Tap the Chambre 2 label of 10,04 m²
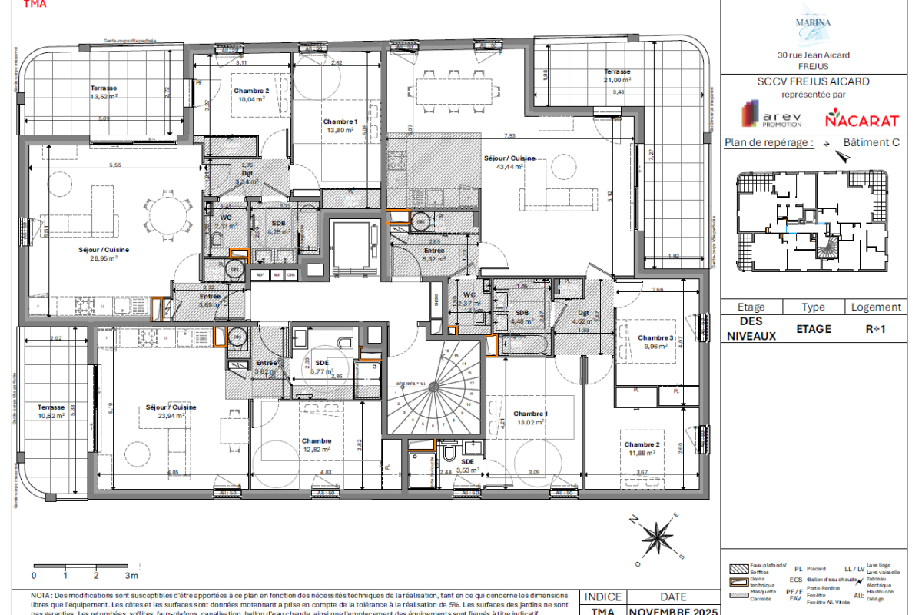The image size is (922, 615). (251, 95)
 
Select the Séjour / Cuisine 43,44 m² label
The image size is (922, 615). (503, 162)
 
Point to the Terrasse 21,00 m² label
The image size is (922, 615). (617, 75)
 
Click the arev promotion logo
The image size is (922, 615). (771, 116)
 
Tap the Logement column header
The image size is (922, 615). (876, 307)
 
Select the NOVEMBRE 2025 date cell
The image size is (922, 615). (673, 611)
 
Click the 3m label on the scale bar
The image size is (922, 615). (131, 575)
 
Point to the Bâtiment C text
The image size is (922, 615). (871, 142)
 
